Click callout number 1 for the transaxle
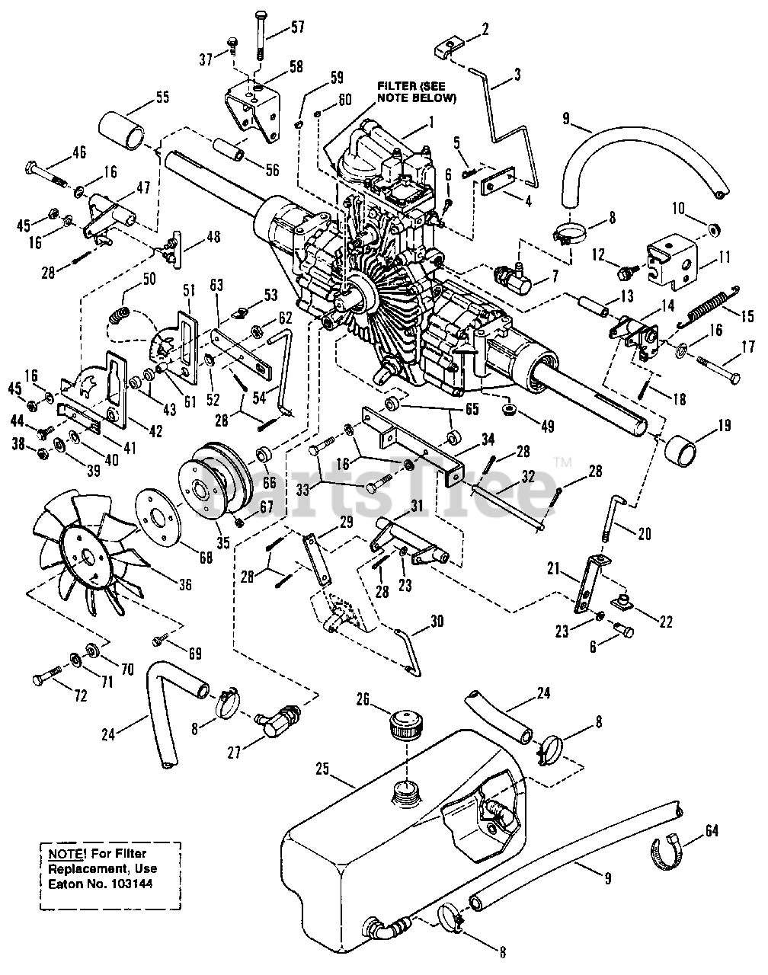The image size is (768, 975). pyautogui.click(x=430, y=121)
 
